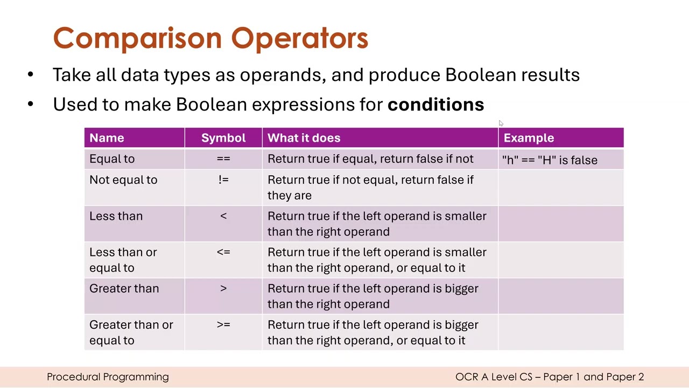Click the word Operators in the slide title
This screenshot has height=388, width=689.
299,38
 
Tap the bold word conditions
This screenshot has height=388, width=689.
435,105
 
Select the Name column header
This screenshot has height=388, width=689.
107,138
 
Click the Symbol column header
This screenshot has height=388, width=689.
223,138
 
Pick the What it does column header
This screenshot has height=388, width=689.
304,138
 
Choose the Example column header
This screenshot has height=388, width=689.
529,138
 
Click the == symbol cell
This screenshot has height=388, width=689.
223,159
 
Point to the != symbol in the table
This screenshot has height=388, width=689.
223,180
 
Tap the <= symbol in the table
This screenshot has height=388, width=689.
223,252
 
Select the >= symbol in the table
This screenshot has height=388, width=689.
223,325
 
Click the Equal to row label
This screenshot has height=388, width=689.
112,159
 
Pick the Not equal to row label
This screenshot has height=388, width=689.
123,180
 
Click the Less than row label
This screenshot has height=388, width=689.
116,216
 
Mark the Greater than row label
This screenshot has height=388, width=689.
124,288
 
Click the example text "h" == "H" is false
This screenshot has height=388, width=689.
550,160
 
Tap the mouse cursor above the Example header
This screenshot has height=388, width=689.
501,123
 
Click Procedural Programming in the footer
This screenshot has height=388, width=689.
108,377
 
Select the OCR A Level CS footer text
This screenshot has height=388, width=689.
549,377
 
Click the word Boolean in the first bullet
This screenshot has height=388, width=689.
480,75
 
